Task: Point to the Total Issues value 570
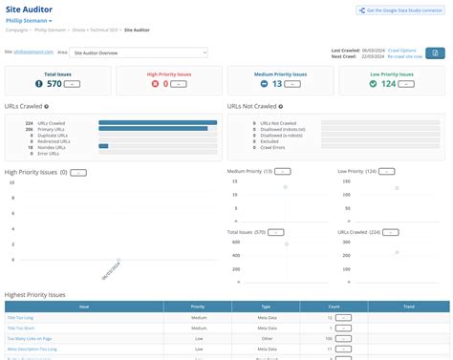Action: pos(53,84)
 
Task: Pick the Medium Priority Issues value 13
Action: pos(275,84)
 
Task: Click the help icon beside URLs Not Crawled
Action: pos(281,107)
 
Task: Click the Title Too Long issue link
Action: pos(20,316)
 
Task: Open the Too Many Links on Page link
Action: pos(29,338)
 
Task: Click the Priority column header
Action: pos(198,307)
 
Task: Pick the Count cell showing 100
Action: pos(328,338)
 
